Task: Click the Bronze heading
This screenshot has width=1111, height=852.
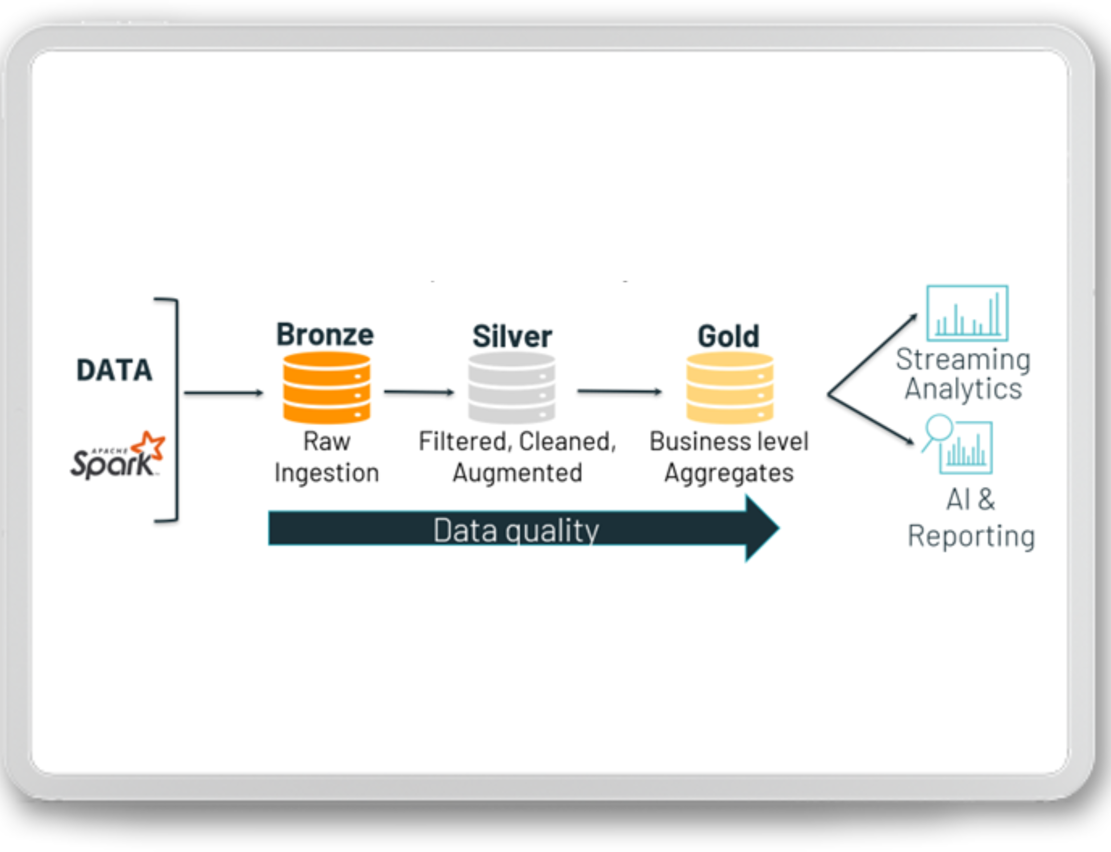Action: tap(325, 335)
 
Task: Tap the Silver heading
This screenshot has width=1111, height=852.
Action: tap(512, 336)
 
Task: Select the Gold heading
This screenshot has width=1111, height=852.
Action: tap(728, 336)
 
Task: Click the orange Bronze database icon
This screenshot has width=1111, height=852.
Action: tap(327, 388)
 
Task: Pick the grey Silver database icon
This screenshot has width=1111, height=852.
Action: tap(512, 388)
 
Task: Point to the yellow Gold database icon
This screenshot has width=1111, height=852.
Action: tap(730, 388)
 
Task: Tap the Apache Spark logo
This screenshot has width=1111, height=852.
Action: tap(118, 455)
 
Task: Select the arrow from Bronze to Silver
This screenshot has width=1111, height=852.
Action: tap(419, 392)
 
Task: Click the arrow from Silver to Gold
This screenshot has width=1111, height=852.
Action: tap(619, 391)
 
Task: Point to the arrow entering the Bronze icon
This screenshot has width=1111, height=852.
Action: tap(223, 393)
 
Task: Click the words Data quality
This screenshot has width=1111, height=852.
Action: tap(516, 530)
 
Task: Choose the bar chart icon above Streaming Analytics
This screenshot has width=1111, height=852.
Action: tap(967, 313)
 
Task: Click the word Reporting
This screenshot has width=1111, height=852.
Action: tap(971, 536)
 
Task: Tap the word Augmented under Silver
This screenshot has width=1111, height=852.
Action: tap(517, 473)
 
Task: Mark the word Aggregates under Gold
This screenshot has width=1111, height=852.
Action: tap(729, 473)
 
